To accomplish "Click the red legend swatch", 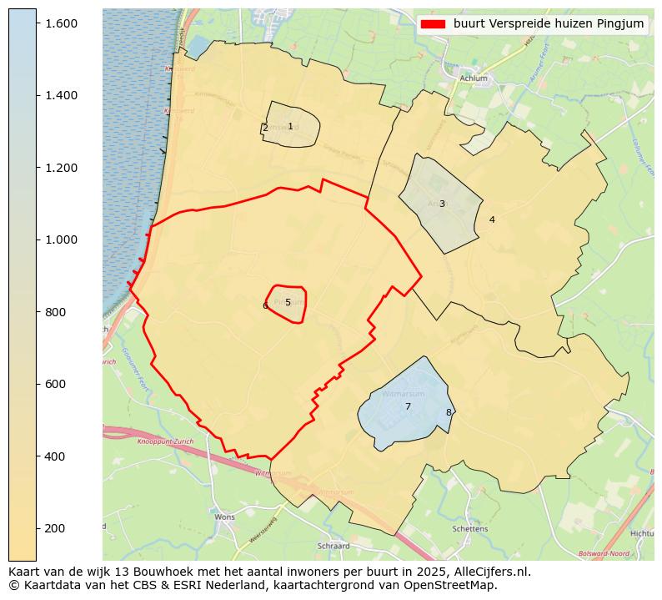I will [x=434, y=24].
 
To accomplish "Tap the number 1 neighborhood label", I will [x=290, y=127].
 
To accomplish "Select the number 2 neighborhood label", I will [x=265, y=129].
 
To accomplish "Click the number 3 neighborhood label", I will [x=442, y=204].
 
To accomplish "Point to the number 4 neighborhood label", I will [x=492, y=220].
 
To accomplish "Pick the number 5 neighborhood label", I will [x=288, y=303].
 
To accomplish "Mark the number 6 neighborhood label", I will [x=265, y=306].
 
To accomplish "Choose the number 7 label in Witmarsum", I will [x=408, y=407].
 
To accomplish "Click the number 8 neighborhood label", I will [x=448, y=412].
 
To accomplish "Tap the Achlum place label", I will [x=473, y=79].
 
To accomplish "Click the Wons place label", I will [x=224, y=517].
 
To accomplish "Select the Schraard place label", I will [x=333, y=547].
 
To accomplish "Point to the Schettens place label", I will [x=469, y=529].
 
